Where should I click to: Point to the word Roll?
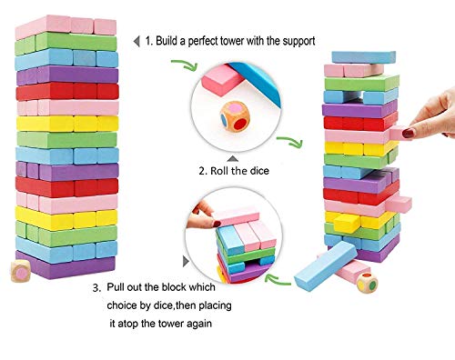point(225,169)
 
